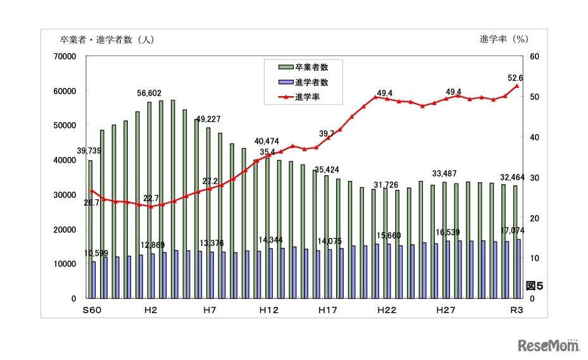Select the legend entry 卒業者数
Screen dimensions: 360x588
point(311,66)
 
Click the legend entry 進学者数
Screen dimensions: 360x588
point(311,82)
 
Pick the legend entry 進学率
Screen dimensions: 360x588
point(306,97)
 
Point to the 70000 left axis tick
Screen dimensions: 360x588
point(66,56)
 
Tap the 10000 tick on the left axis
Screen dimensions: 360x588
point(66,264)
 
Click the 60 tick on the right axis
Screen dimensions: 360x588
point(534,56)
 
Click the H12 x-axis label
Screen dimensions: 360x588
point(269,310)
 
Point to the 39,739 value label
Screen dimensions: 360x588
point(89,151)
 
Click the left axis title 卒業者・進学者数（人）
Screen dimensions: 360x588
point(107,39)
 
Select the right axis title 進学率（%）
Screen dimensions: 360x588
point(504,39)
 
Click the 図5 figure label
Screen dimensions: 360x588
point(534,286)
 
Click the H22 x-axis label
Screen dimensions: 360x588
point(387,310)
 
